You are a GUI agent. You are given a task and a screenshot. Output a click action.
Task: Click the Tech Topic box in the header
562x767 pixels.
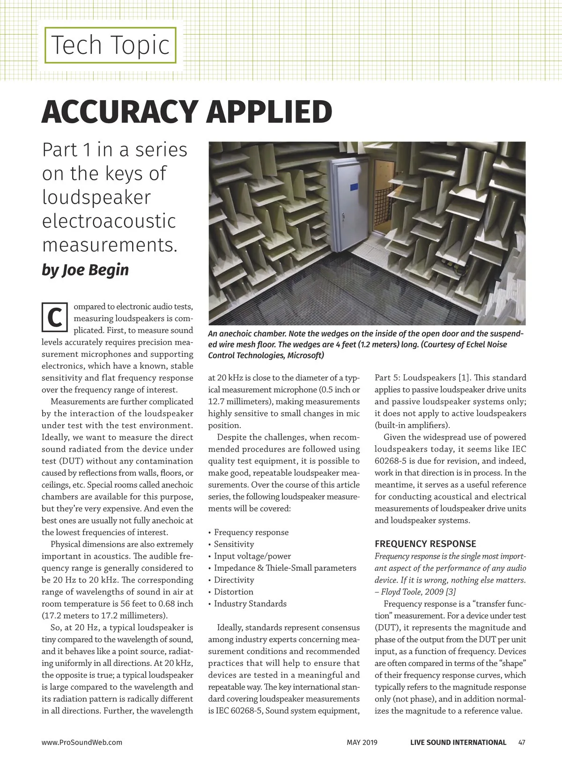[x=110, y=45]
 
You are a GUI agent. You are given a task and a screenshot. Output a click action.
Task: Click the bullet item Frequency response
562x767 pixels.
[x=251, y=532]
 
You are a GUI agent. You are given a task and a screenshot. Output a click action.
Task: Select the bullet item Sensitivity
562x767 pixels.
[x=234, y=544]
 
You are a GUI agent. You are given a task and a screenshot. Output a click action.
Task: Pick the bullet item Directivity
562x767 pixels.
[x=234, y=580]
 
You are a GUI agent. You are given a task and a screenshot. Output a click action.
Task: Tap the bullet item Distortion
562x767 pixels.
[x=233, y=592]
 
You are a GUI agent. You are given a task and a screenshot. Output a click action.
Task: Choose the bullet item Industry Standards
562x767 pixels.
[x=250, y=604]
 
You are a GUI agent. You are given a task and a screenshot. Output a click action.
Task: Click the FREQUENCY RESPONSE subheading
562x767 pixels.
[x=425, y=544]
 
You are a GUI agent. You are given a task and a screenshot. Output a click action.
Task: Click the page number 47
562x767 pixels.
[x=522, y=742]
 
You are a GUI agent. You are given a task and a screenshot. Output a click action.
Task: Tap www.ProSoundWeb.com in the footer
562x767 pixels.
[x=82, y=742]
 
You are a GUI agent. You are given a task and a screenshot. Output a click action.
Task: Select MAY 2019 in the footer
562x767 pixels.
[x=362, y=742]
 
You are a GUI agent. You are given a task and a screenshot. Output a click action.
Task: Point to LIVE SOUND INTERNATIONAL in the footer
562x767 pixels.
[x=458, y=742]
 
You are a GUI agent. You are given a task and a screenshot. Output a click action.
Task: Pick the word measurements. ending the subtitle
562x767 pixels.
[x=110, y=245]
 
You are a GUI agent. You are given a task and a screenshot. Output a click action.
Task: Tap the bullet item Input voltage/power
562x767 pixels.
[x=252, y=556]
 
